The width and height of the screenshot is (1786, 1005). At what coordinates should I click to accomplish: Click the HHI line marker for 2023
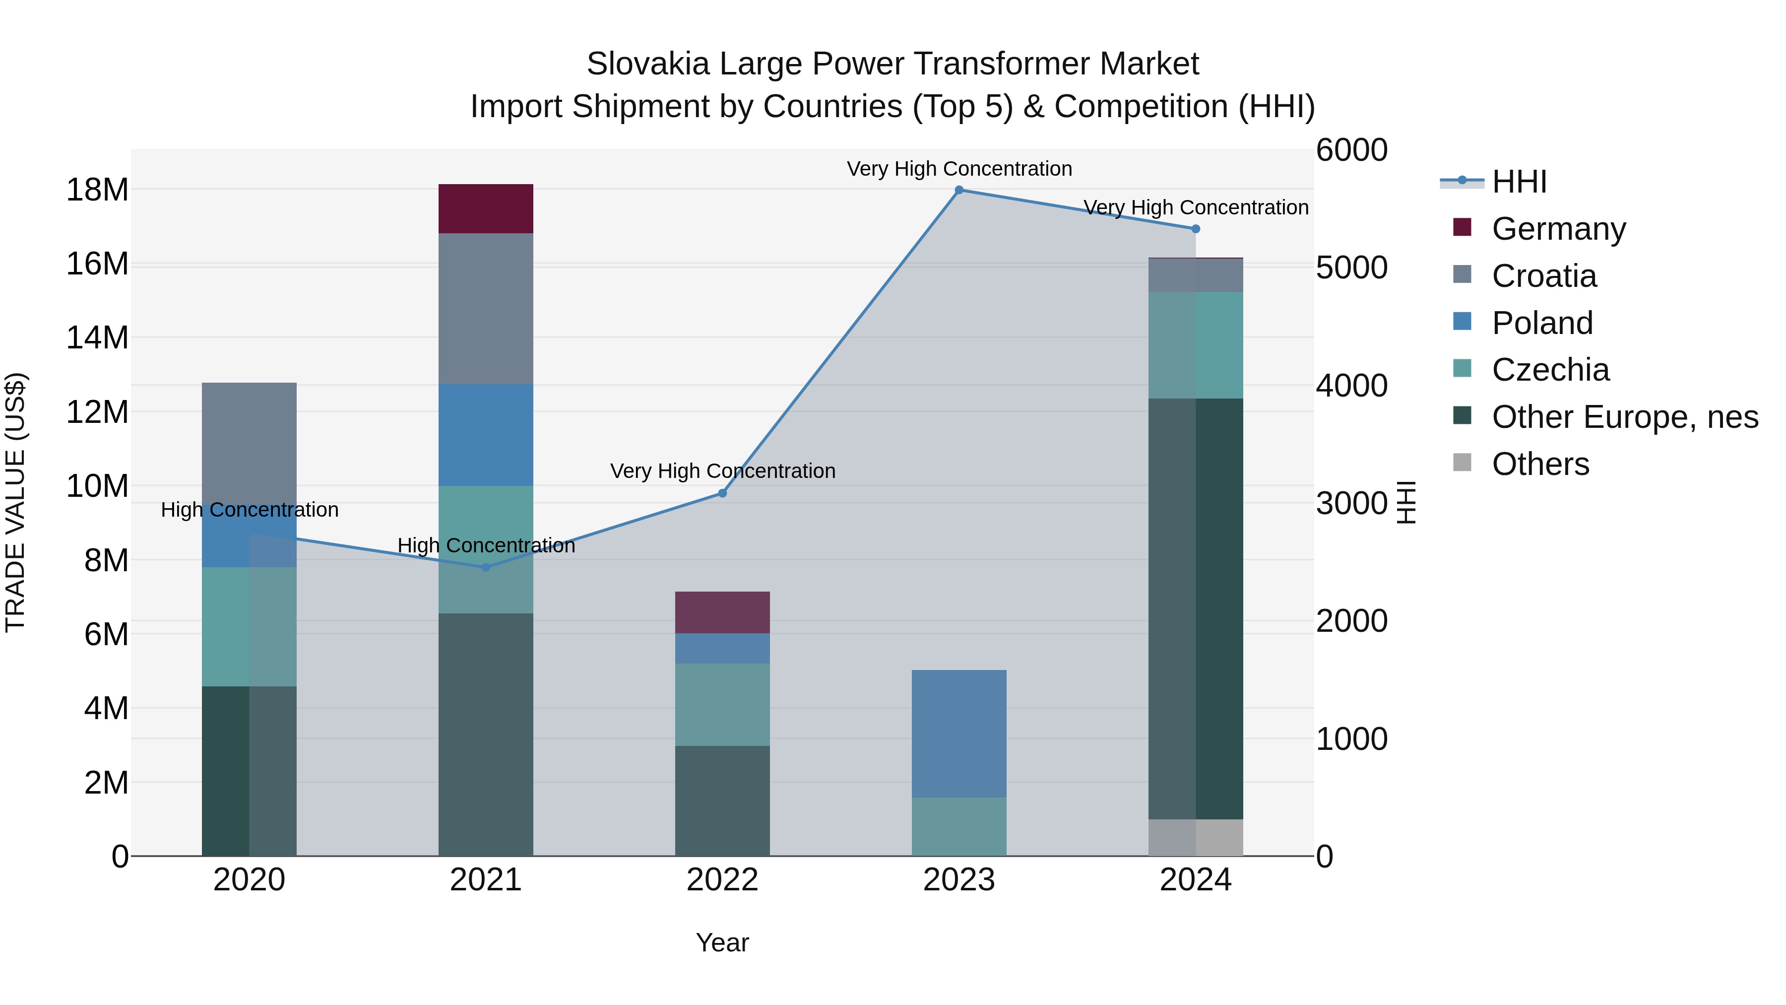(959, 190)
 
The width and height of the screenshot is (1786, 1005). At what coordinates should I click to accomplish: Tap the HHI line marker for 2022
(722, 493)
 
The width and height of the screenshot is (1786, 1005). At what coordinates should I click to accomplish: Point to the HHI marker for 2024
(1195, 229)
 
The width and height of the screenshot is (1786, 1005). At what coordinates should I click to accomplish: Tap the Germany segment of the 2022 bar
(722, 612)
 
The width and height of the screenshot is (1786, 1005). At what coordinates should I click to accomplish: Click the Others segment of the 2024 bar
(1195, 837)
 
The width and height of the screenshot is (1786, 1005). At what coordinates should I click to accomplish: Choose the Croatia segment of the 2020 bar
(249, 444)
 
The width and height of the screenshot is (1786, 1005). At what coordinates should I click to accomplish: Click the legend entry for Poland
(1542, 323)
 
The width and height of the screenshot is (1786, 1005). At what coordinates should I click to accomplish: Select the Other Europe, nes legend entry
(1624, 417)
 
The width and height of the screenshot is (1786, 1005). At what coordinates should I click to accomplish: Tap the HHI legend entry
(1519, 182)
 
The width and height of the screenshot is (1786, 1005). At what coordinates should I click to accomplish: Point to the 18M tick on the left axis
(97, 190)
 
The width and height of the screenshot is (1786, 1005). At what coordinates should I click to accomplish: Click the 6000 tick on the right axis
(1351, 150)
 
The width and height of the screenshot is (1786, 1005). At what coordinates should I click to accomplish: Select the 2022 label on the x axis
(722, 880)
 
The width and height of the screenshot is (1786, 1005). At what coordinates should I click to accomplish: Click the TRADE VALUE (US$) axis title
(16, 502)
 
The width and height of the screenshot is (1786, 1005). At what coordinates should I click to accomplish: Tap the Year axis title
(722, 942)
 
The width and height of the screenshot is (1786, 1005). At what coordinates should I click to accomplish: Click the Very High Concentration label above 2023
(959, 169)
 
